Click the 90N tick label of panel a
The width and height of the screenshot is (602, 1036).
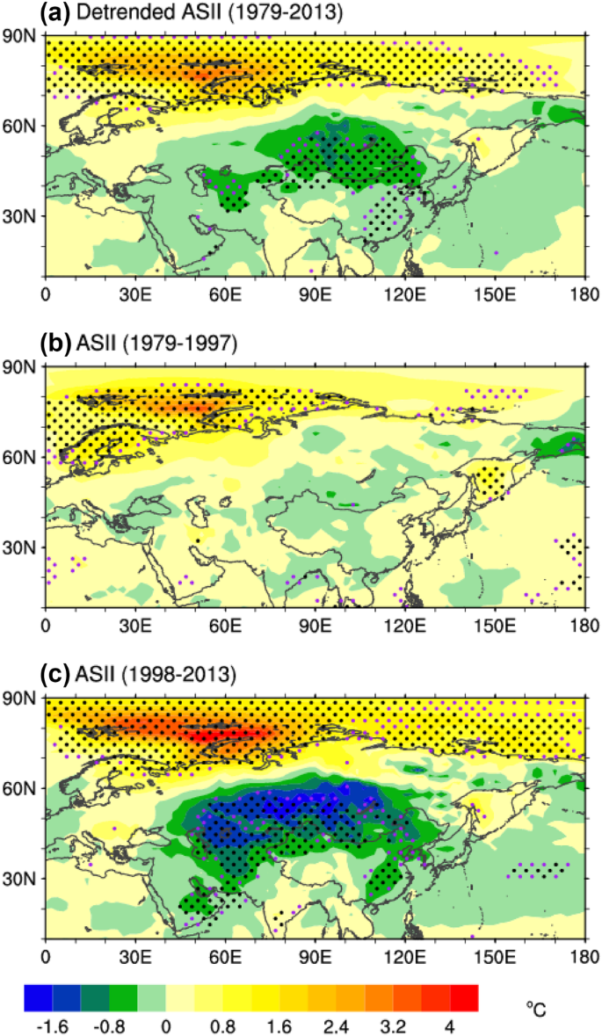click(x=22, y=36)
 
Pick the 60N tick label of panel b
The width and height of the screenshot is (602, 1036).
click(x=22, y=457)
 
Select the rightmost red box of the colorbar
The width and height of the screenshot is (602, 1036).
click(x=464, y=997)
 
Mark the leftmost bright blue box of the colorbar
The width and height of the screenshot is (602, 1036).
click(x=39, y=997)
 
